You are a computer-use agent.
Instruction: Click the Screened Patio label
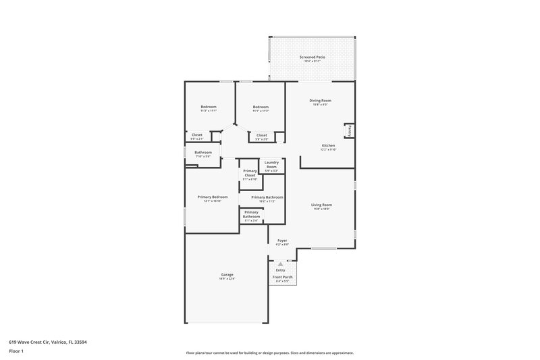313,57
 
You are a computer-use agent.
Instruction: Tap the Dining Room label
321,101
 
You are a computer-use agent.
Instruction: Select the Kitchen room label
328,146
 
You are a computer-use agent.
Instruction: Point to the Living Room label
321,205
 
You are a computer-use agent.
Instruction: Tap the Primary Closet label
250,174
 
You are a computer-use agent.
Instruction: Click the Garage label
227,275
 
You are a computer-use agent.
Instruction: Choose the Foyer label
282,240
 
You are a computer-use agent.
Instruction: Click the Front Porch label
282,278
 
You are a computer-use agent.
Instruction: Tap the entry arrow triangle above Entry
281,264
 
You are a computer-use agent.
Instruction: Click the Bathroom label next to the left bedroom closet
203,153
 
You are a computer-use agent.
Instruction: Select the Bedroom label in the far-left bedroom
208,107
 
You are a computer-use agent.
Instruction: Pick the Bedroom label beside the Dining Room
261,107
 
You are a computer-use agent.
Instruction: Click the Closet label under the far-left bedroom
196,135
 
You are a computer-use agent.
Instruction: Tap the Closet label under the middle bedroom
261,135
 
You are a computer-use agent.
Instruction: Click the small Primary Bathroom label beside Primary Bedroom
250,215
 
